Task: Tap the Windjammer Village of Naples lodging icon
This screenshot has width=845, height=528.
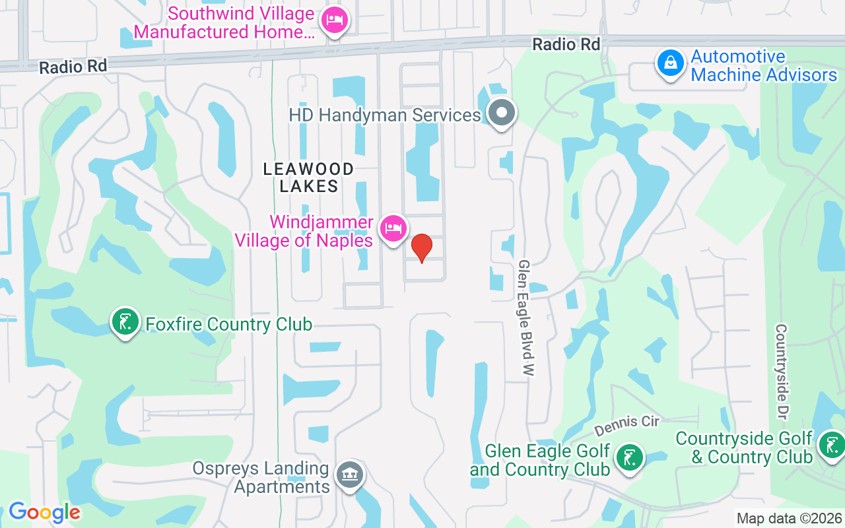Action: click(393, 228)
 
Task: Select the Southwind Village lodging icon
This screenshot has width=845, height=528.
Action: click(334, 20)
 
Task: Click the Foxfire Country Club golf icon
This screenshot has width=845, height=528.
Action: click(125, 322)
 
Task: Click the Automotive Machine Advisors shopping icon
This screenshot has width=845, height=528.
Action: click(670, 64)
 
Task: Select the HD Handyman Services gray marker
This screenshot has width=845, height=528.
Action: click(502, 113)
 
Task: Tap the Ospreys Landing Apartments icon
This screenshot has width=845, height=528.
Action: click(350, 475)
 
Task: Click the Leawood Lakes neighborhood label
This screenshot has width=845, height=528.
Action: click(308, 178)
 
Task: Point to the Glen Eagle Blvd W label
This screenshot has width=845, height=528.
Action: click(525, 317)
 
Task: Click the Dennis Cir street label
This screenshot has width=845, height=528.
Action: click(626, 425)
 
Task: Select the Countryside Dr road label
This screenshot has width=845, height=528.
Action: click(782, 372)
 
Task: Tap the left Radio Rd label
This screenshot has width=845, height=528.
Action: click(73, 67)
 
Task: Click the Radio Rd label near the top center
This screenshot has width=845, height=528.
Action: click(566, 44)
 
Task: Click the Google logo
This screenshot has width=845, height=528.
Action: click(44, 512)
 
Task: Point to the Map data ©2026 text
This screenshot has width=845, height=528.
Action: click(789, 519)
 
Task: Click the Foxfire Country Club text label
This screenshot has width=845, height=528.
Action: click(228, 324)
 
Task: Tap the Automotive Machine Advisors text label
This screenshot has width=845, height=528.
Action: click(764, 66)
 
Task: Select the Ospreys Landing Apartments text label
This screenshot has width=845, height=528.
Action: click(261, 478)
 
